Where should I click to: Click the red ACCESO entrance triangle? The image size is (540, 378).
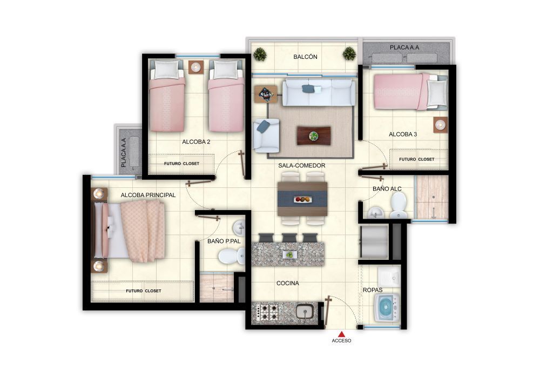point(341,333)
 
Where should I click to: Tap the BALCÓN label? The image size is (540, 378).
point(305,57)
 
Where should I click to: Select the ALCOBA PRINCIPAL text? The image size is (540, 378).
point(148,195)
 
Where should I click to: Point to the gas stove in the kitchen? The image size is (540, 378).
point(268,313)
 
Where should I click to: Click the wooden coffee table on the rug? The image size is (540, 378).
point(313,136)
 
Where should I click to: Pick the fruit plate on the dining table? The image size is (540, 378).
point(302,199)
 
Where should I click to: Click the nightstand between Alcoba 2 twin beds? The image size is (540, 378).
point(195,67)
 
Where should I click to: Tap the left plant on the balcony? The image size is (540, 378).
point(260,54)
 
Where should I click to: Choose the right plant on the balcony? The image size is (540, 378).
point(349,53)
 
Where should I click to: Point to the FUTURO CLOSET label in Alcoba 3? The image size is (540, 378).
point(416,159)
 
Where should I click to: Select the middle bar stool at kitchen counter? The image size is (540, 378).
point(289,238)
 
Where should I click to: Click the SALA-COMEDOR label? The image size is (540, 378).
point(302,165)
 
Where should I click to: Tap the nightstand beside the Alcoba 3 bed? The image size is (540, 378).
point(441,124)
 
